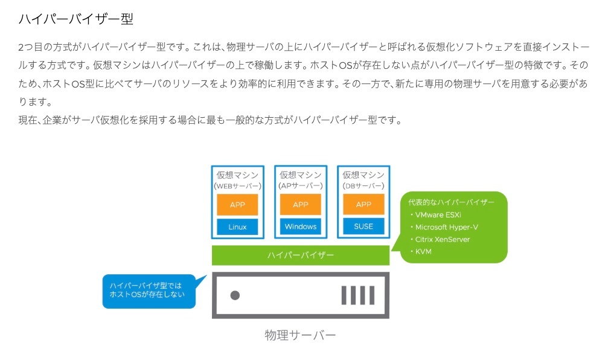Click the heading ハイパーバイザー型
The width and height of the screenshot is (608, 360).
(76, 19)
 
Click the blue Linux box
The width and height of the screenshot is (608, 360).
(237, 227)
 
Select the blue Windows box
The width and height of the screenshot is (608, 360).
(301, 227)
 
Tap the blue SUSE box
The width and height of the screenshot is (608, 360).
(363, 226)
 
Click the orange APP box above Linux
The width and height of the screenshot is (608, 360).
(237, 204)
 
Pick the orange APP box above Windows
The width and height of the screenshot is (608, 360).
(301, 204)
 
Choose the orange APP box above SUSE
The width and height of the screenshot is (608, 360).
(363, 204)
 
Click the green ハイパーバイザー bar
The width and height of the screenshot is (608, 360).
(301, 256)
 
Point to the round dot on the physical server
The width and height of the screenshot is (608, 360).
(235, 295)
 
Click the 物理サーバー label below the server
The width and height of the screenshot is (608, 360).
(300, 335)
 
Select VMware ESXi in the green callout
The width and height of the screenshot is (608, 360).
(438, 214)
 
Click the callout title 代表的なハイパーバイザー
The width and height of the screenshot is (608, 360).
(451, 202)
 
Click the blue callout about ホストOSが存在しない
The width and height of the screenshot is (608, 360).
(149, 291)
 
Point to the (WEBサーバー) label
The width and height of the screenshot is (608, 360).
(237, 186)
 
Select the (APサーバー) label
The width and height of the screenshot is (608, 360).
(301, 186)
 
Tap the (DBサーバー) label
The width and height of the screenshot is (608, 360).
(363, 186)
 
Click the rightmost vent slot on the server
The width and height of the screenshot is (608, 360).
(372, 295)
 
